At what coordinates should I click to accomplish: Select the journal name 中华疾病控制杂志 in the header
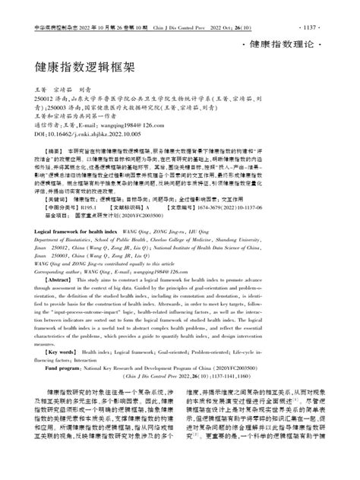click(39, 6)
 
